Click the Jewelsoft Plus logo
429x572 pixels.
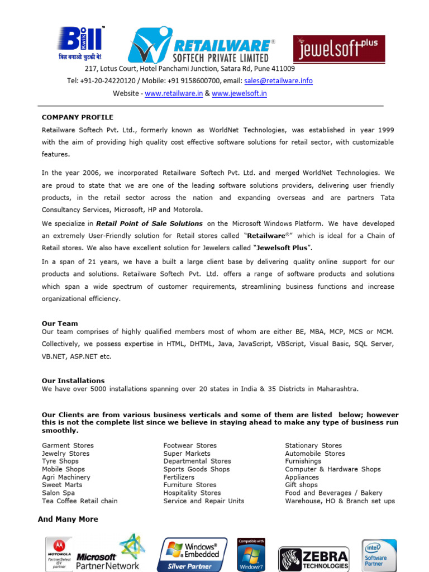point(339,49)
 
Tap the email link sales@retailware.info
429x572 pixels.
point(278,81)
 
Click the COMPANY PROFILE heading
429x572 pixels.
point(78,117)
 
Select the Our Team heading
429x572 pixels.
point(60,323)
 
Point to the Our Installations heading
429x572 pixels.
point(73,381)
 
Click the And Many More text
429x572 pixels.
point(68,519)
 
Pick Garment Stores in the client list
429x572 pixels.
point(68,446)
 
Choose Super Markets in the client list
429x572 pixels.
point(187,454)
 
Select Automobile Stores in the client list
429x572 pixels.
point(315,454)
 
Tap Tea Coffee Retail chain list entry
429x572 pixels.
point(80,501)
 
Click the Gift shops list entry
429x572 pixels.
point(301,485)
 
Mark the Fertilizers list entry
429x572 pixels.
point(179,478)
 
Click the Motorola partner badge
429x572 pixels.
point(59,554)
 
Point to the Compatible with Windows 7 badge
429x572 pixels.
point(251,555)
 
